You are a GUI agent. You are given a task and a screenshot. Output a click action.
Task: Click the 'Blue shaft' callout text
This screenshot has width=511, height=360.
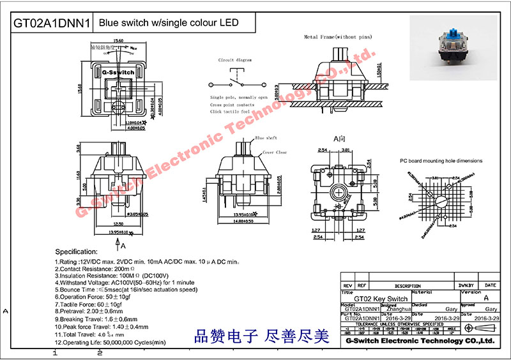(264, 137)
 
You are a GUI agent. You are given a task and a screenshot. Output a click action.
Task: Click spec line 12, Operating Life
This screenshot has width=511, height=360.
(110, 342)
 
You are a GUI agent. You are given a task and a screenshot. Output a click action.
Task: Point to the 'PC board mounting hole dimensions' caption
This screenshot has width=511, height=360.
(441, 161)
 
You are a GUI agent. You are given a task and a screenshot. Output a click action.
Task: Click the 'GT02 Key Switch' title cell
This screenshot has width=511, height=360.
(381, 299)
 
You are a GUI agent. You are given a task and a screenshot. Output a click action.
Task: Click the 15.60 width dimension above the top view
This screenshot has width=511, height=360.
(118, 40)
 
